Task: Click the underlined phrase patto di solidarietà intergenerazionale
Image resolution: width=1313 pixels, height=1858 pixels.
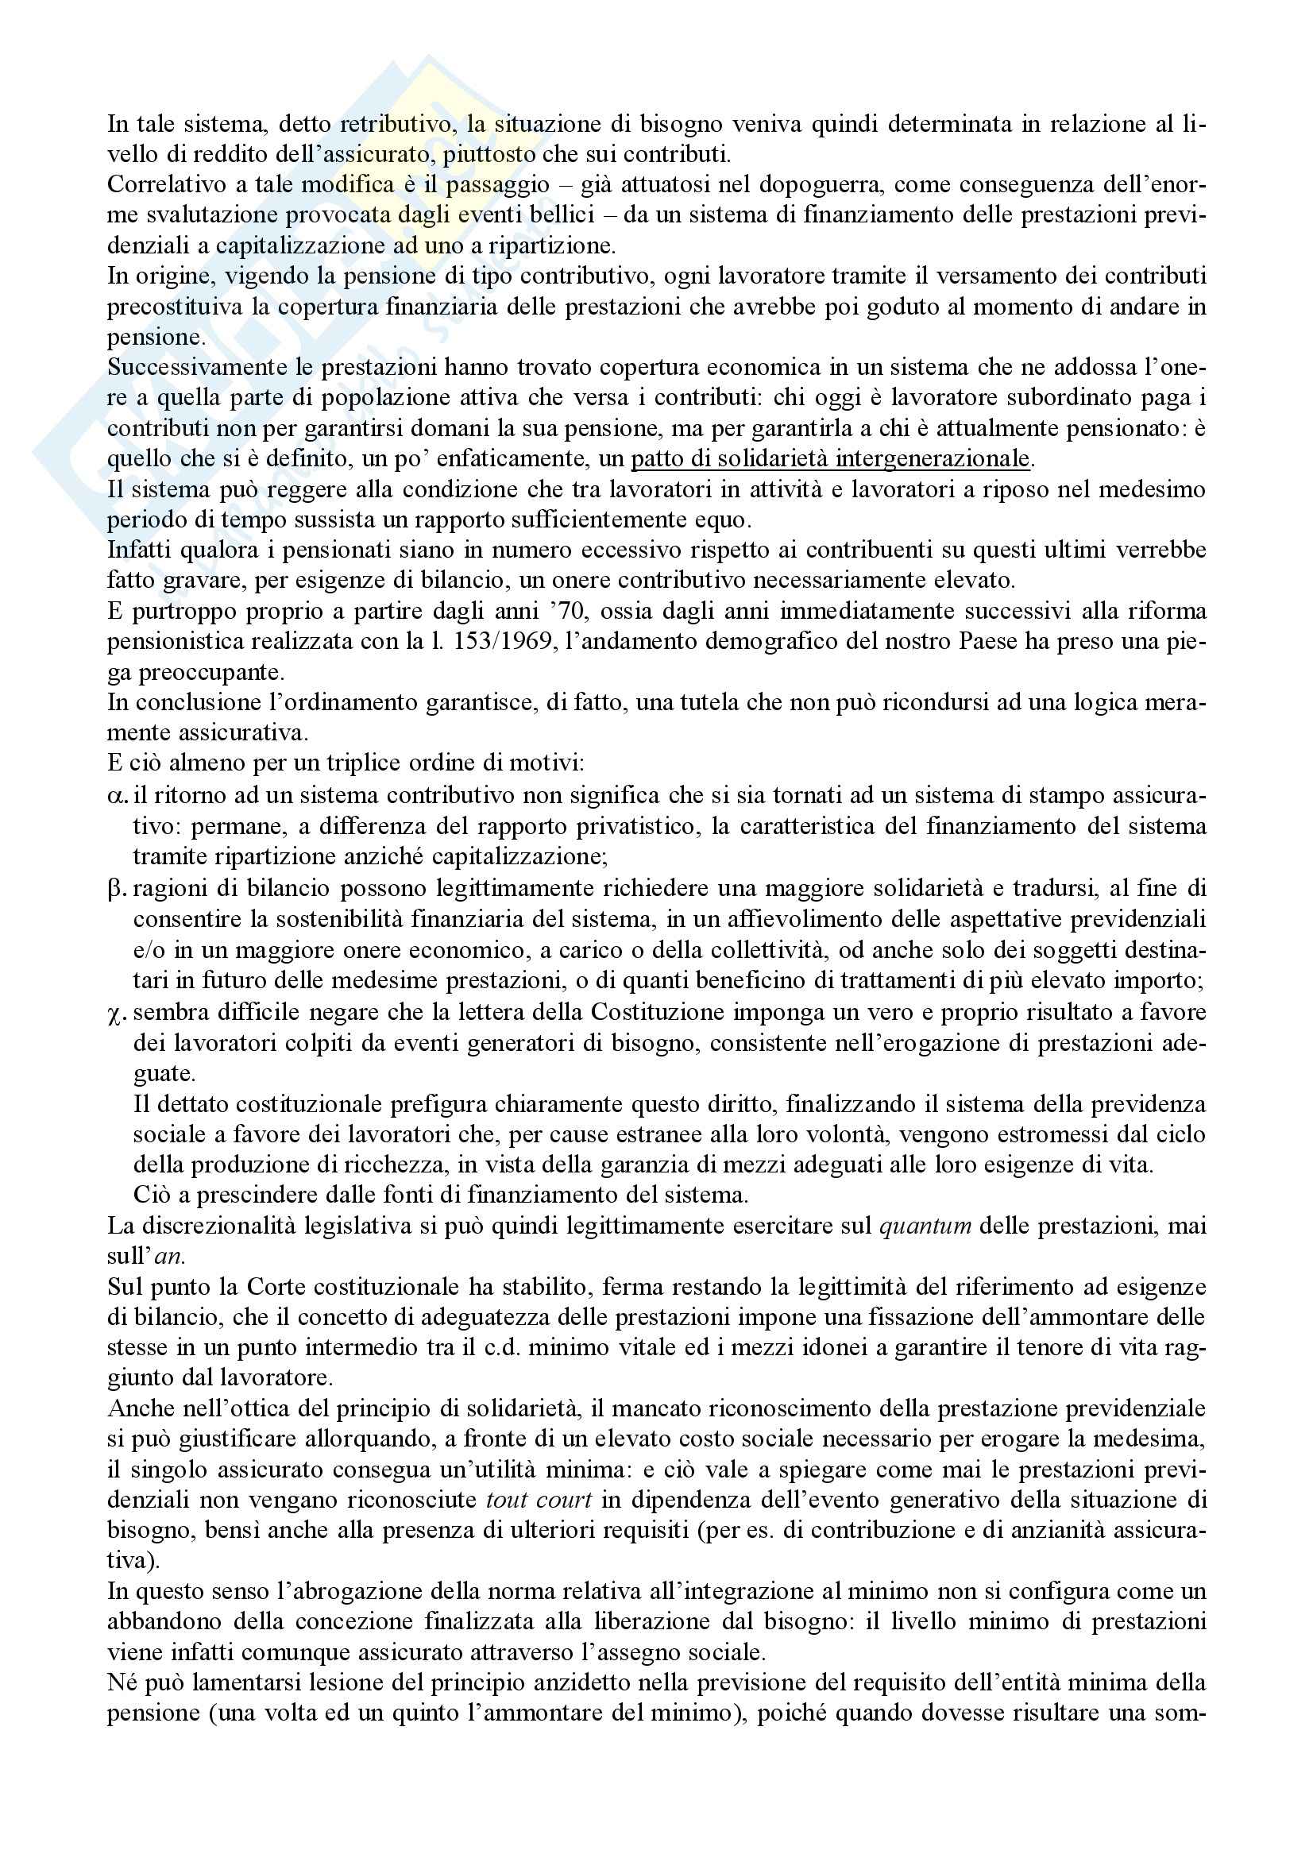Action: point(830,459)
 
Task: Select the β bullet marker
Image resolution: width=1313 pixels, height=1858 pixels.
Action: point(118,889)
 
